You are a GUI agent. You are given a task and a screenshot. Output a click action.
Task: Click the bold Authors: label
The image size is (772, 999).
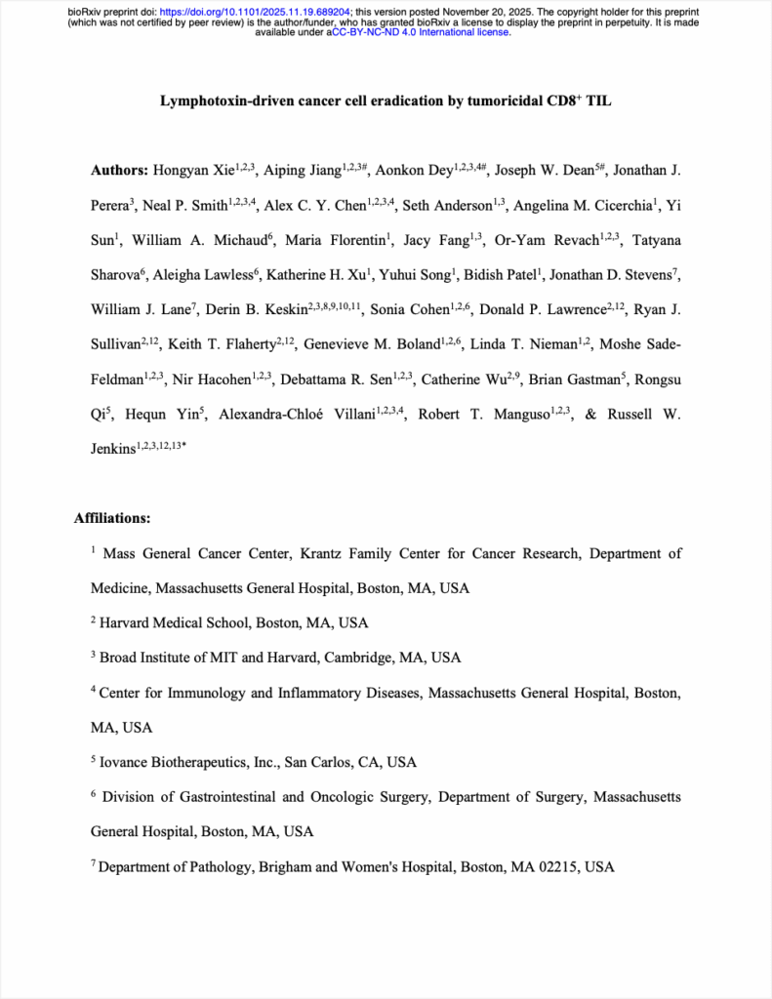click(120, 171)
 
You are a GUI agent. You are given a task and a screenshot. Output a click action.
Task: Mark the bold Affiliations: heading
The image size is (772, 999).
click(111, 518)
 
